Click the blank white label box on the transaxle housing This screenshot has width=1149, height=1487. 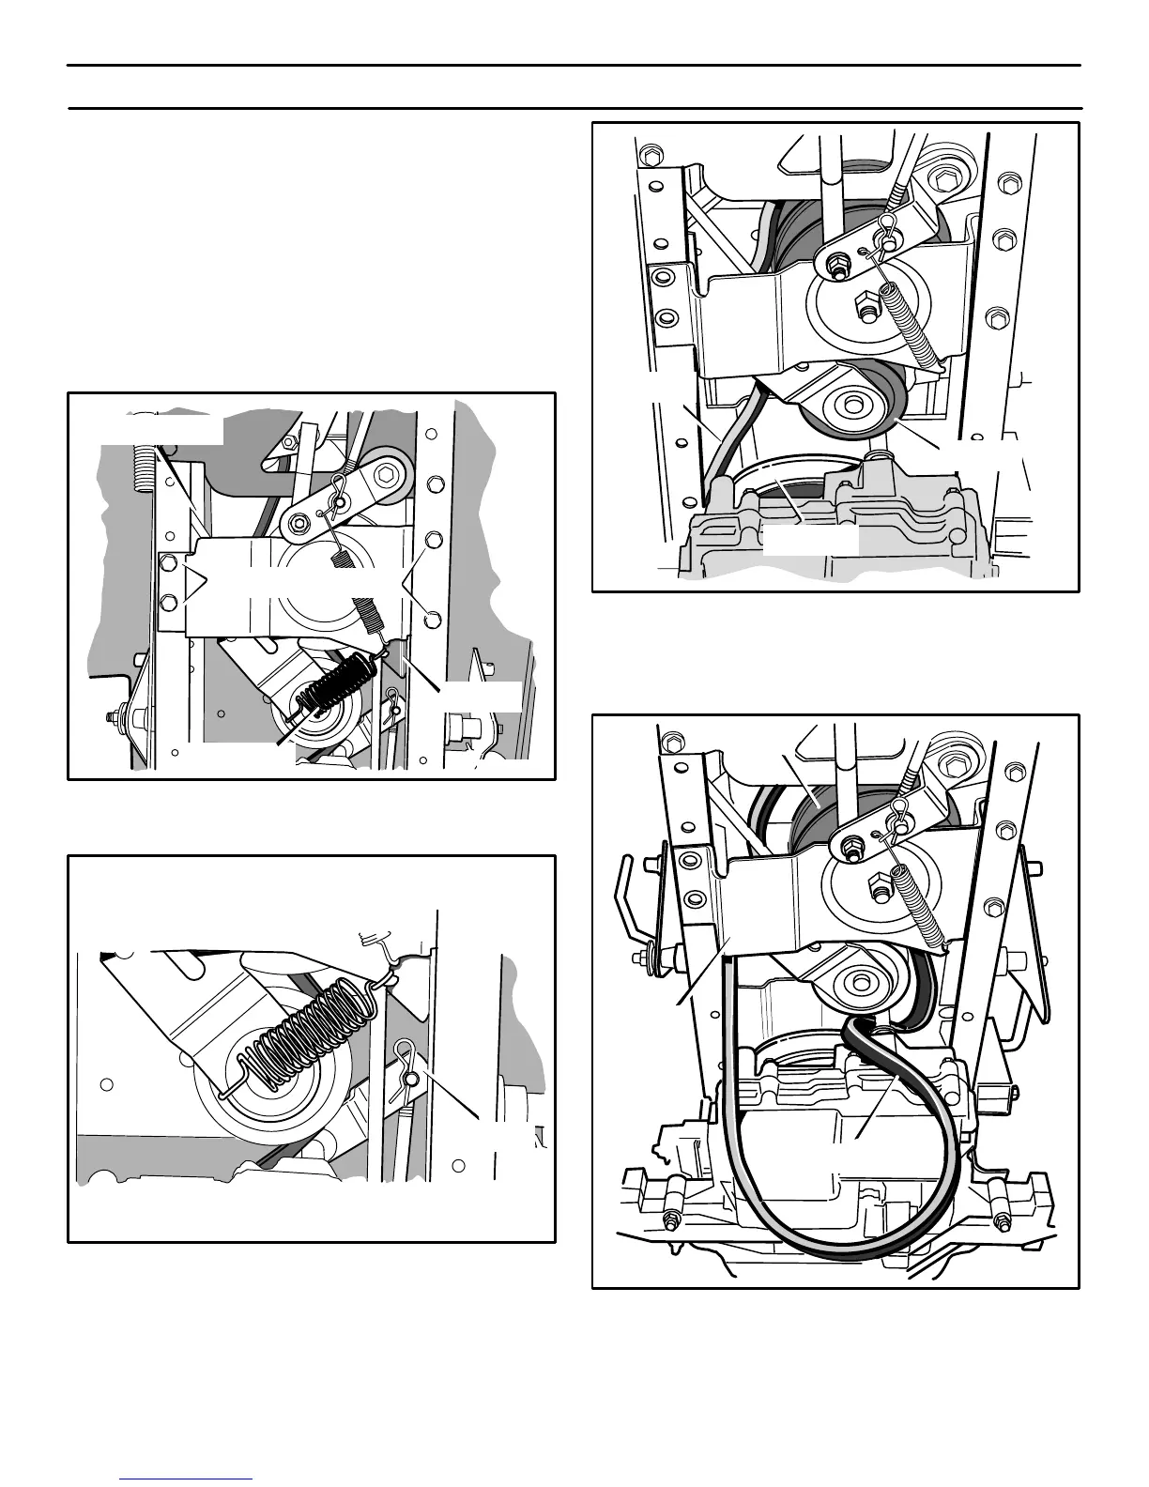tap(809, 541)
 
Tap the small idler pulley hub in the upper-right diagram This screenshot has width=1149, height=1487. tap(853, 406)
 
